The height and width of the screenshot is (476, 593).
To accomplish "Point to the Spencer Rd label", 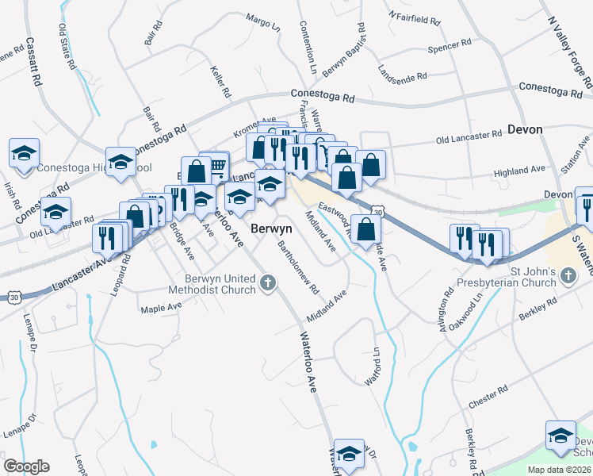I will point(450,48).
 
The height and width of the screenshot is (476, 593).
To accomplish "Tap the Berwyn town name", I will point(272,228).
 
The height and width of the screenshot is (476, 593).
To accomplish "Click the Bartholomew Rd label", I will point(298,267).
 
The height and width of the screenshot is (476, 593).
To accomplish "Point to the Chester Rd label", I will point(488,397).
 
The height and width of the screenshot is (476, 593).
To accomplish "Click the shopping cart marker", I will point(216,164).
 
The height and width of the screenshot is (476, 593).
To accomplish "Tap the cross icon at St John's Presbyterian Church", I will point(567,276).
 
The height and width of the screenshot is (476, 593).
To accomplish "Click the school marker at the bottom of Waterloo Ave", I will point(349,454).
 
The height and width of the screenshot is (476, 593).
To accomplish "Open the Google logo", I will point(26,466).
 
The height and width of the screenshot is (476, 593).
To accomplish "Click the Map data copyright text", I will point(559,470).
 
